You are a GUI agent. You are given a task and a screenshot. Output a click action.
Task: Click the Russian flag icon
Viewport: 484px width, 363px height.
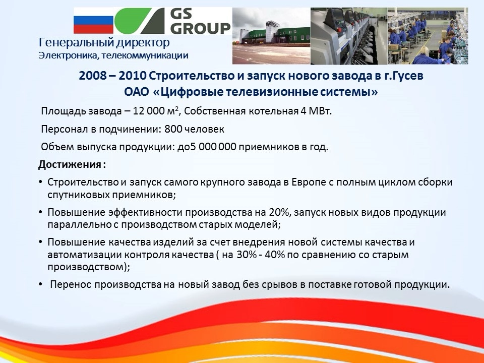point(94,20)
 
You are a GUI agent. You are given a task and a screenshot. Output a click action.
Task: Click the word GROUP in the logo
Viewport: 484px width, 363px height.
point(201,27)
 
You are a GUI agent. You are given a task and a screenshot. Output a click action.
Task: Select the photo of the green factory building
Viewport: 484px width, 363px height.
point(271,36)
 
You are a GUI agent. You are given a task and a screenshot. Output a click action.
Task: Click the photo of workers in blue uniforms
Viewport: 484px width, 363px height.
point(428,36)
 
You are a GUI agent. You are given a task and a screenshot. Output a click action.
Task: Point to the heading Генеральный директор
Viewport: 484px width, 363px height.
point(104,42)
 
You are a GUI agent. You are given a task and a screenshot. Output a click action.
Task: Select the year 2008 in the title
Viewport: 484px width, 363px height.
point(93,76)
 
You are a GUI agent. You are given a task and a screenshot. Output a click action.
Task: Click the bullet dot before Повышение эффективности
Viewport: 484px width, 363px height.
point(41,212)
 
